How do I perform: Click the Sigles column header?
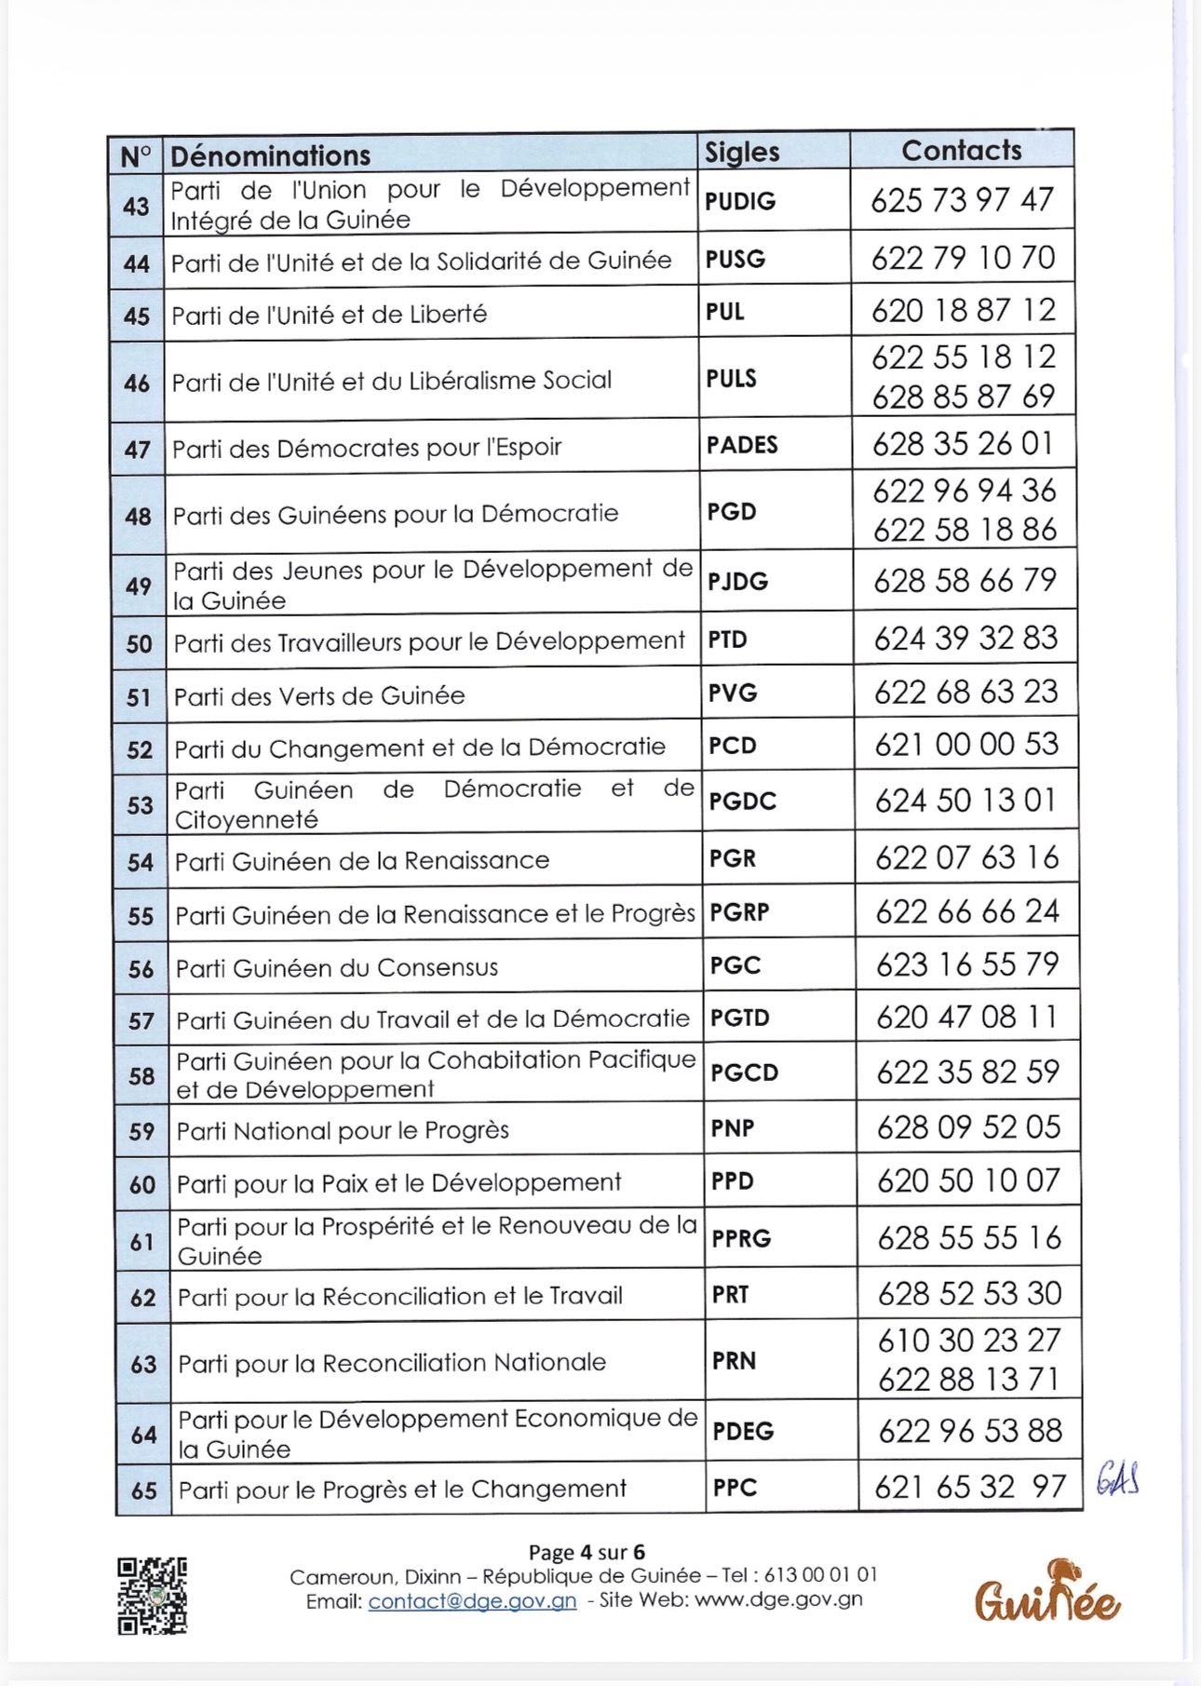coord(742,152)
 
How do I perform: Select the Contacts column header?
coord(962,150)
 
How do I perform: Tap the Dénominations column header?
coord(271,155)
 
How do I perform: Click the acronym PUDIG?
coord(740,201)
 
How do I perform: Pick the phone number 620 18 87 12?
coord(964,310)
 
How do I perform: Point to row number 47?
coord(137,450)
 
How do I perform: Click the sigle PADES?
coord(742,445)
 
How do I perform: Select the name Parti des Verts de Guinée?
coord(319,695)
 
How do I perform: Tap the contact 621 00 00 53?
coord(966,744)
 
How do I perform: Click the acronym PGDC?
coord(742,801)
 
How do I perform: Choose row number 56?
coord(141,969)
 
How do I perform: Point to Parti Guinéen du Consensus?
coord(337,968)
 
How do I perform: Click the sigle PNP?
coord(733,1128)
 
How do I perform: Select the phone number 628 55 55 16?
coord(969,1237)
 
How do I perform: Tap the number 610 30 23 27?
coord(969,1340)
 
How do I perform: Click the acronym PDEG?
coord(743,1431)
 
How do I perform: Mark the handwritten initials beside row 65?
coord(1117,1478)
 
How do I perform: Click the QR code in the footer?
coord(152,1596)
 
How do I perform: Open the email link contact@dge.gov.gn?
coord(472,1600)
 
